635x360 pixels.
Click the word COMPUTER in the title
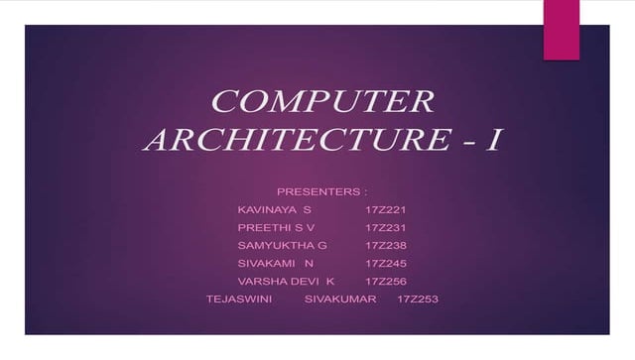point(322,102)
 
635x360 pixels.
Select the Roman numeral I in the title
point(490,140)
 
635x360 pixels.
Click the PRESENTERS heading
point(319,189)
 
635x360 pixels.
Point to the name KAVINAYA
point(265,210)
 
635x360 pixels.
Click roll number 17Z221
point(386,210)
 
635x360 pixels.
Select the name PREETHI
point(262,228)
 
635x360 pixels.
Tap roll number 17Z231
point(386,228)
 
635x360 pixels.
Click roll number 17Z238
point(386,245)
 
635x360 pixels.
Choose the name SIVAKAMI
point(265,264)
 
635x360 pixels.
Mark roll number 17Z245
point(386,264)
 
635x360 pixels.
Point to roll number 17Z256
point(386,282)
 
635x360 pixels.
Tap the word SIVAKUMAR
point(340,300)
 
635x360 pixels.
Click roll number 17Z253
point(417,300)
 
